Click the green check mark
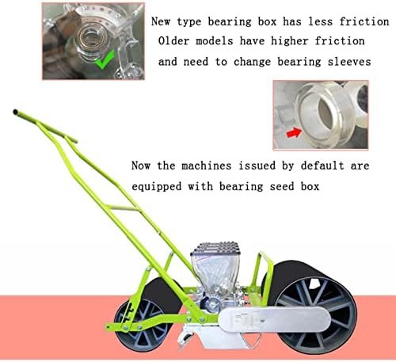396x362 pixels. click(105, 60)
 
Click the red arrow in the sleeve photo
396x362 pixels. click(294, 132)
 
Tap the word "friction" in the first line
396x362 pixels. click(364, 21)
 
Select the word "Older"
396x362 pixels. click(173, 41)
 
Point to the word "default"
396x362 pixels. click(322, 166)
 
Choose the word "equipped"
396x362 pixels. click(157, 187)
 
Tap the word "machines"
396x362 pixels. click(207, 166)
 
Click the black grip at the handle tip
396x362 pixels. click(16, 112)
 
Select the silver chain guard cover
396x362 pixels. click(274, 319)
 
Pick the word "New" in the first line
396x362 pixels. click(161, 21)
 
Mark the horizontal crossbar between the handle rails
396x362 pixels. click(122, 208)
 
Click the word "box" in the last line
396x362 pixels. click(310, 187)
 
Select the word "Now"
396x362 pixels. click(141, 166)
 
